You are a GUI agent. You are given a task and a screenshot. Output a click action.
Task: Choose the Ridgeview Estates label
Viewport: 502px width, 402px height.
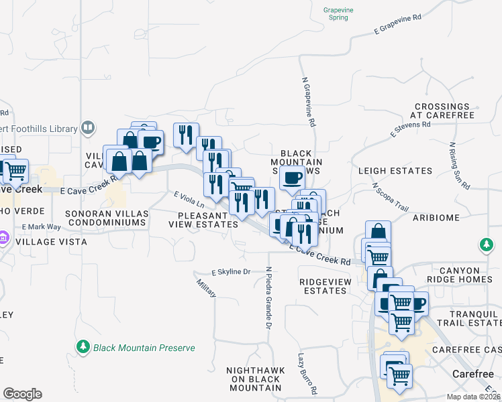coord(325,286)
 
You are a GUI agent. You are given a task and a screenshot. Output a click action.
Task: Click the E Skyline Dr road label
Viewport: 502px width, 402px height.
coord(231,272)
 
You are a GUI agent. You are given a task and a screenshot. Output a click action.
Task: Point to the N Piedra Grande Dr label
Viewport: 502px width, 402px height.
coord(268,298)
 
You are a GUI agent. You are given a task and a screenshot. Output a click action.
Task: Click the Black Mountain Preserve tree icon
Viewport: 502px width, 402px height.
coord(83,347)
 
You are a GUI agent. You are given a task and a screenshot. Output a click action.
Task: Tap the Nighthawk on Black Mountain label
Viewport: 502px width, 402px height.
coord(253,379)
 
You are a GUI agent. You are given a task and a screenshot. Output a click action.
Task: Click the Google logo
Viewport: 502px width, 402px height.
coord(22,394)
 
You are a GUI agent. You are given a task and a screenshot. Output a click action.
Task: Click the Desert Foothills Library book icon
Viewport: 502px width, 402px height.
coord(87,127)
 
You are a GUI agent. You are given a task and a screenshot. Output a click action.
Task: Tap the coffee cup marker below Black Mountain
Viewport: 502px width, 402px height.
coord(292,178)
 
